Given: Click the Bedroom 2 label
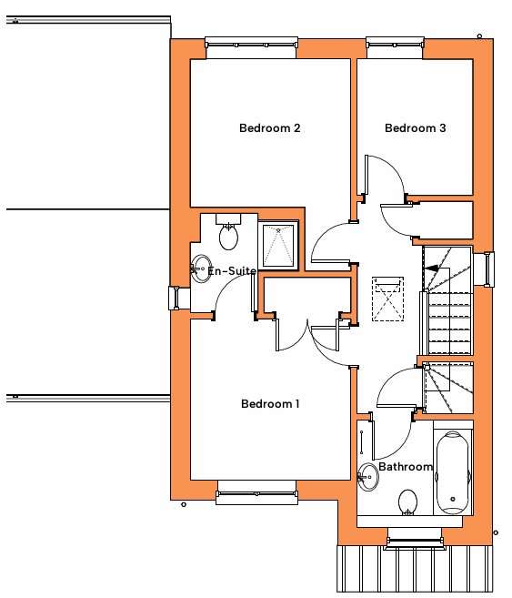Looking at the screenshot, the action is tap(270, 127).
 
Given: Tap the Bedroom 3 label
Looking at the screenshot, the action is tap(416, 127).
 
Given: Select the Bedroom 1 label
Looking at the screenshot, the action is tap(270, 403).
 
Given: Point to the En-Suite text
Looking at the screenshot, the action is tap(232, 270).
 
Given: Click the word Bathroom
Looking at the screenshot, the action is tap(406, 466).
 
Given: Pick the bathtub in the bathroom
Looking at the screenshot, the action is tap(453, 472).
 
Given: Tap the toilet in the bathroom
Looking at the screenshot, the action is tap(407, 502).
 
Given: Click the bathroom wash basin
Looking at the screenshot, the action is tap(368, 476).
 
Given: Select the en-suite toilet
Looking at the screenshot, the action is tap(228, 232).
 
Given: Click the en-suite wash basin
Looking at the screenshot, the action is tap(201, 269).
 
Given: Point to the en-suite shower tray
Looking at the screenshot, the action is tap(278, 246).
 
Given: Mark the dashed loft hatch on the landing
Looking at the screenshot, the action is tap(387, 299).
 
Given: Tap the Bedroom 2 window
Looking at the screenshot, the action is tap(251, 43).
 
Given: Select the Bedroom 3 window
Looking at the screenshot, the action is tap(395, 43).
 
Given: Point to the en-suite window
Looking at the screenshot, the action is tap(175, 298).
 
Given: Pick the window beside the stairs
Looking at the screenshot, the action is tap(488, 269).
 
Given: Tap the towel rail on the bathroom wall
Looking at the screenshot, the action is tap(361, 442).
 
